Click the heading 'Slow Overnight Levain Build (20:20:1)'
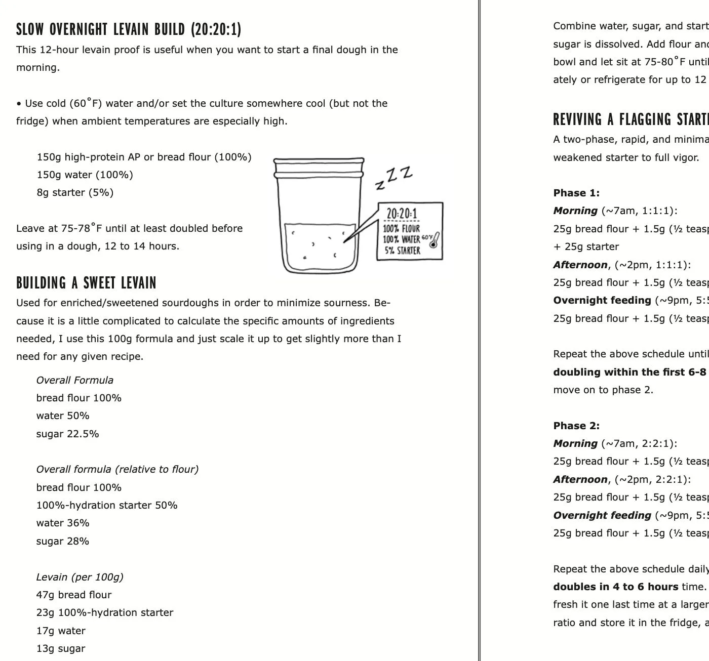click(129, 29)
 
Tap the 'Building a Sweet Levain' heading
click(86, 282)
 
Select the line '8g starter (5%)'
click(75, 192)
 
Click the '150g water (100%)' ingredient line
click(85, 175)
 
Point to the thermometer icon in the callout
click(434, 240)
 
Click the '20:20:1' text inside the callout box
click(402, 214)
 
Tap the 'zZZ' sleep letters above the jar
click(394, 178)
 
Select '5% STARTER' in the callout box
click(402, 251)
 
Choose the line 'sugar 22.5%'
click(67, 434)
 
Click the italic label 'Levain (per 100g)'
click(80, 577)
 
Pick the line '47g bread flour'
click(74, 595)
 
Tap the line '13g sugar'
click(61, 648)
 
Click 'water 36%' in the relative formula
click(63, 523)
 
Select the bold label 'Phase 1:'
click(576, 193)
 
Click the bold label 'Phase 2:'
click(576, 426)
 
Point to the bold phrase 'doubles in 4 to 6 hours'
click(615, 587)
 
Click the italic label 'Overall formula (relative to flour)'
click(117, 469)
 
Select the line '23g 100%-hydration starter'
click(105, 612)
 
